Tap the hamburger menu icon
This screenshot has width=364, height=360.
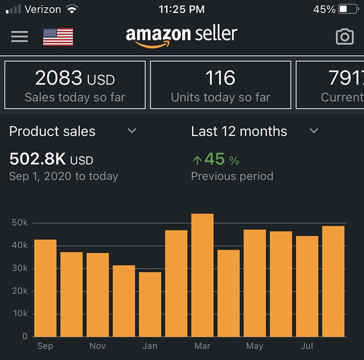click(19, 37)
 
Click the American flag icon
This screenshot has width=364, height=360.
click(58, 37)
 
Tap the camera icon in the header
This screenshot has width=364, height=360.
click(345, 37)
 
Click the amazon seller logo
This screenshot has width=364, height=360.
click(181, 36)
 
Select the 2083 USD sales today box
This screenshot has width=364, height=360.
click(75, 85)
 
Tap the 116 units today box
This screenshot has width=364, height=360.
click(220, 85)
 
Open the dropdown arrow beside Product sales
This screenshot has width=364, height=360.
click(132, 131)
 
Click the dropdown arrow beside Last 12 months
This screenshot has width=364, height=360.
click(314, 131)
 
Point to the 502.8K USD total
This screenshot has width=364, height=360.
click(51, 160)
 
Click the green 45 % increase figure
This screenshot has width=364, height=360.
click(216, 160)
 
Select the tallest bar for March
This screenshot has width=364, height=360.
click(203, 275)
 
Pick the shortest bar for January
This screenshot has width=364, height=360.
click(150, 304)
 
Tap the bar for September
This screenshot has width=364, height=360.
click(46, 288)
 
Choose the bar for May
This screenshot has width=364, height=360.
click(255, 283)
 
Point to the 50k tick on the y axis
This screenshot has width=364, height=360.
click(19, 223)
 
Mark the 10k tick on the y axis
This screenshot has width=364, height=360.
click(19, 314)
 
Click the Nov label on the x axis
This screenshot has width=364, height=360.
click(98, 346)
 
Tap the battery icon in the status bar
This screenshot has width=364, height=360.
click(348, 9)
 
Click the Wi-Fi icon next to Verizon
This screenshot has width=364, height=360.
click(72, 9)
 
